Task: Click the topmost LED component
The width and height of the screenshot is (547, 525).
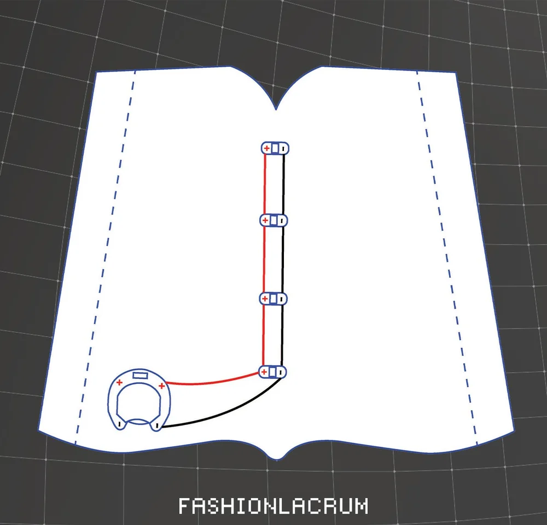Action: (274, 148)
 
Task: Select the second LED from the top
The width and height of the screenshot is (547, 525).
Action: (273, 220)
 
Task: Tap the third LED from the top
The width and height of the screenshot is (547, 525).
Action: (273, 299)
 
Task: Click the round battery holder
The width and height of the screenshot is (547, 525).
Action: (139, 399)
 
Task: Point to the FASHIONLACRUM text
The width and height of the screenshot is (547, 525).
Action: (273, 506)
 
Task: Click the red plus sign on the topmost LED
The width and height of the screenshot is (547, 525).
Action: (266, 148)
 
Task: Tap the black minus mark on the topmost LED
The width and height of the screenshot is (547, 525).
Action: (283, 148)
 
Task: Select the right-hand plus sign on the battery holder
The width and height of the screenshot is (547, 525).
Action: (161, 386)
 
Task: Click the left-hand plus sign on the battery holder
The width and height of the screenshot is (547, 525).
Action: (119, 382)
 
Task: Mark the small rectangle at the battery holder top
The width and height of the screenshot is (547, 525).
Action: (141, 376)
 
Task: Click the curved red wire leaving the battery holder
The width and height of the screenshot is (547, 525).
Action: (213, 381)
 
